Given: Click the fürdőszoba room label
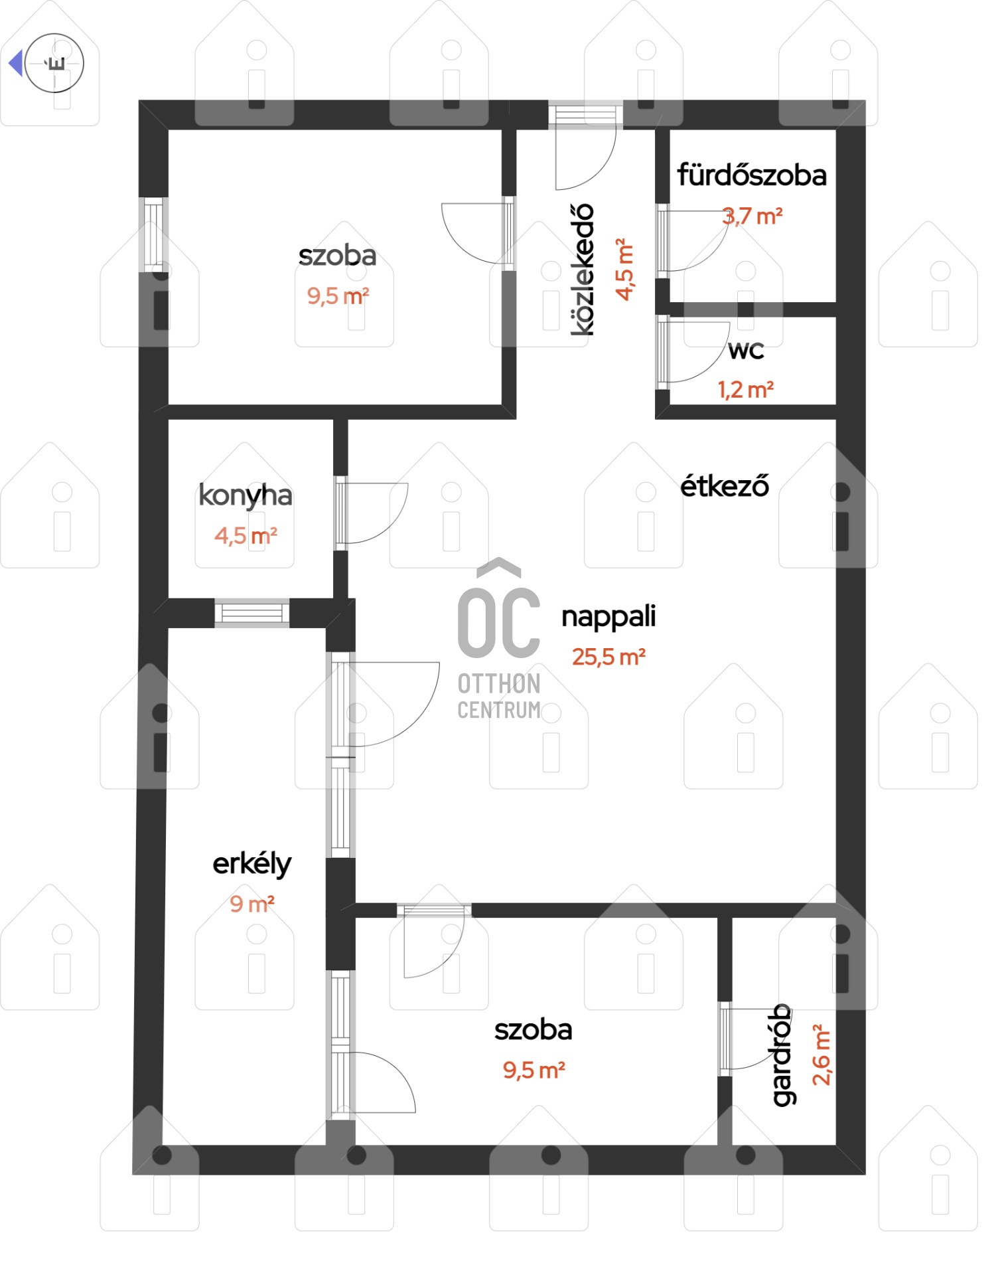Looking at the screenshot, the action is (x=752, y=175).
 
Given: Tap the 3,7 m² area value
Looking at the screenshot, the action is (x=752, y=216).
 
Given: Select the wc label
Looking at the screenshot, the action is (x=747, y=351).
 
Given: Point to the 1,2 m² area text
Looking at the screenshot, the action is (x=746, y=390).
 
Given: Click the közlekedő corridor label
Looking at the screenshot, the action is (x=582, y=270).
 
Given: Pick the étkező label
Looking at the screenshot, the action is (x=725, y=486).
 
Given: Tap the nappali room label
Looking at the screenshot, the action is (x=608, y=616).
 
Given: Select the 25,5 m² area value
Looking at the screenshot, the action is (x=609, y=657).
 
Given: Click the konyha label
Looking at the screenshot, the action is (x=246, y=495).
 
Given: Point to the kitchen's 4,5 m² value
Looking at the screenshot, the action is (x=246, y=535).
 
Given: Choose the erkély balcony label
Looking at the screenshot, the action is (x=252, y=864).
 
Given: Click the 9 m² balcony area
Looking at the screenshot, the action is (x=252, y=904).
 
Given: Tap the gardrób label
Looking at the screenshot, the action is (x=782, y=1055).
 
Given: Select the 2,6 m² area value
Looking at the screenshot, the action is (x=821, y=1055).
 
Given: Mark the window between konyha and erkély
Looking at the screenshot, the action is (x=252, y=613).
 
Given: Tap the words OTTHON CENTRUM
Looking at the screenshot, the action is (x=499, y=697).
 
